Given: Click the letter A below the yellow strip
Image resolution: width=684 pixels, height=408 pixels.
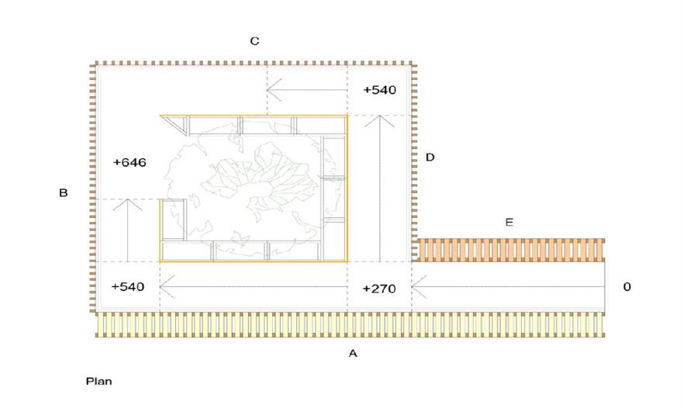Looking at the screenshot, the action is tap(353, 354).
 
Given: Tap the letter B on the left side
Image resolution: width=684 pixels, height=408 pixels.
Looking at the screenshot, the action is tap(64, 192).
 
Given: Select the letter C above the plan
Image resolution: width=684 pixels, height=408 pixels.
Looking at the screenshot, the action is tap(254, 41).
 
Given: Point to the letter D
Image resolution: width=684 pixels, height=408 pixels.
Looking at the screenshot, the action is tap(430, 157).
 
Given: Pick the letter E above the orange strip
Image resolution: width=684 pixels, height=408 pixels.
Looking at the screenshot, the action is tap(509, 222).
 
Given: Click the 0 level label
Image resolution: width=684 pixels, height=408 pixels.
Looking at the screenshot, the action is tap(627, 287).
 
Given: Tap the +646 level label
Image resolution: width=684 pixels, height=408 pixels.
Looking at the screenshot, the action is tap(130, 162).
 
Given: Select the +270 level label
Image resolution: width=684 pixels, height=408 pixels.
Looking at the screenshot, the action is tap(379, 289).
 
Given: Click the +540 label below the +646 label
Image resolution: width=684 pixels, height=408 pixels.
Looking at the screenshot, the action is tap(128, 287).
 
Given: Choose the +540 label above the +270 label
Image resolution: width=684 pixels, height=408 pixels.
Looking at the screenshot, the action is tap(380, 90).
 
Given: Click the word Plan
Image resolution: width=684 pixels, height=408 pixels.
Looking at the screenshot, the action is tap(99, 382).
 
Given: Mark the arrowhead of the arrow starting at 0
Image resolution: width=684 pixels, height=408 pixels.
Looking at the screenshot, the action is tap(413, 287).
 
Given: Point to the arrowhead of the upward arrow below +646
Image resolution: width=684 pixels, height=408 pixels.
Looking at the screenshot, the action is tap(127, 200).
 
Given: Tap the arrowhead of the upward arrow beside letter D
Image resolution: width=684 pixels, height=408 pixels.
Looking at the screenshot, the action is tap(379, 116).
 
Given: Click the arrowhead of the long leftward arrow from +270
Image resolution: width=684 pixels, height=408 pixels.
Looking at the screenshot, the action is tap(161, 287).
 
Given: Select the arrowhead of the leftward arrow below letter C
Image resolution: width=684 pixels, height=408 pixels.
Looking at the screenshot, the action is tap(268, 90).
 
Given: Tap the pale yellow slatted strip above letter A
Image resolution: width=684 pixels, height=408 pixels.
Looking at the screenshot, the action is tap(350, 325).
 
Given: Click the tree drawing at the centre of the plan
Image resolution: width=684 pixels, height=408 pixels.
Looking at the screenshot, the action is tap(250, 188).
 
